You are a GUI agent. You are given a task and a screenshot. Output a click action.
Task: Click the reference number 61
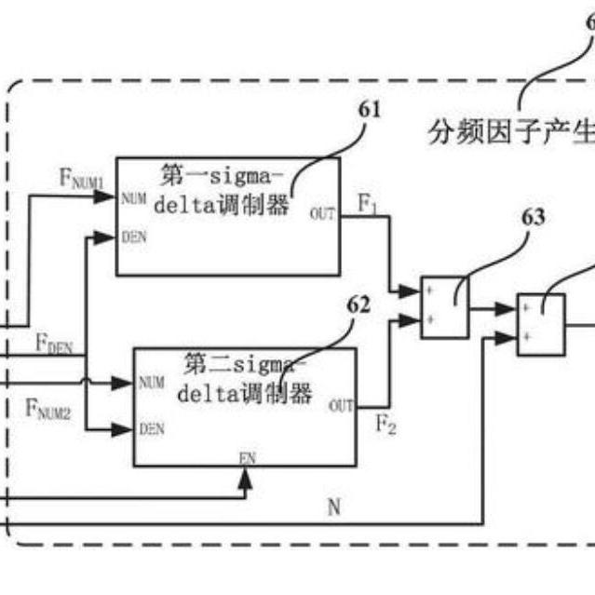click(370, 110)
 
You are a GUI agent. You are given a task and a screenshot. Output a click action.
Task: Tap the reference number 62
click(358, 304)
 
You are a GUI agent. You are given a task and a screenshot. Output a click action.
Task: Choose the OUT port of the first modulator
click(323, 213)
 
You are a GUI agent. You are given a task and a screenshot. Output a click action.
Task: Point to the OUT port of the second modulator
click(341, 405)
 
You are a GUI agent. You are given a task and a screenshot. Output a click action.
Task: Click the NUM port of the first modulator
click(132, 198)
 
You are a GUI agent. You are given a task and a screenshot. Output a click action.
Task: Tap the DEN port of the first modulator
click(134, 237)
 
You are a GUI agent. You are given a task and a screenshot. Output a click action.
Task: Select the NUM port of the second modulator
click(151, 382)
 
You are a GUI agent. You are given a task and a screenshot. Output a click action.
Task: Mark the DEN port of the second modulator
click(151, 429)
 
